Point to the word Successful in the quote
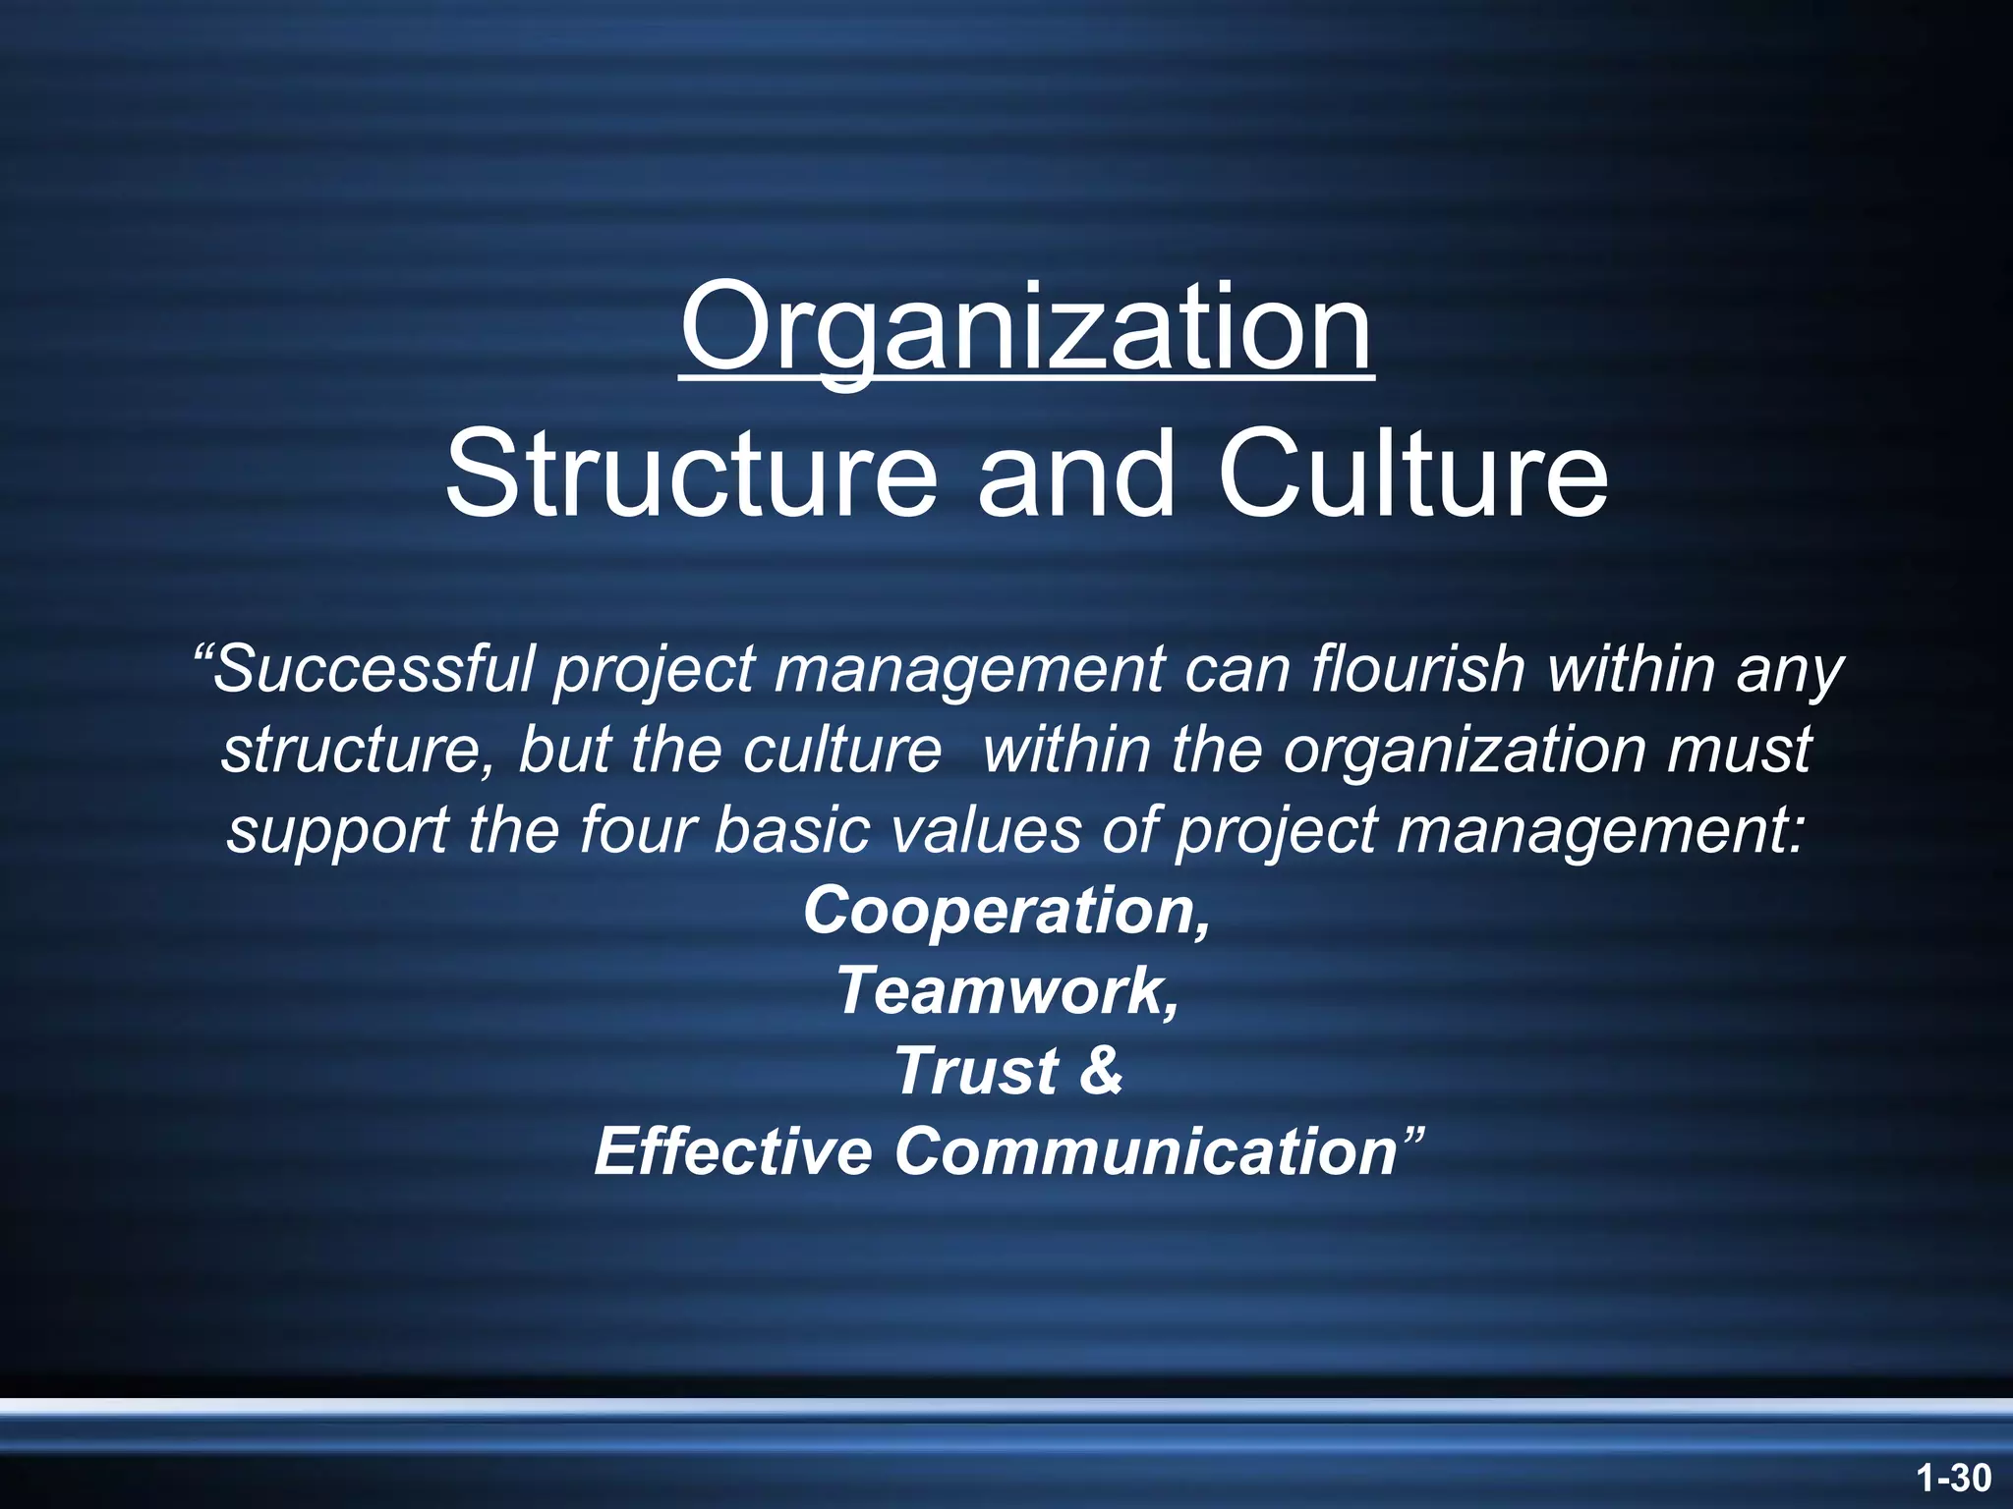click(x=374, y=670)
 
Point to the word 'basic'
click(x=791, y=830)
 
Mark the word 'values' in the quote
click(x=984, y=830)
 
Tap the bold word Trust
click(x=976, y=1071)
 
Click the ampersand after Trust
click(x=1101, y=1071)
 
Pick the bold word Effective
click(x=733, y=1151)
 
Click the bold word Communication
click(x=1145, y=1151)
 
